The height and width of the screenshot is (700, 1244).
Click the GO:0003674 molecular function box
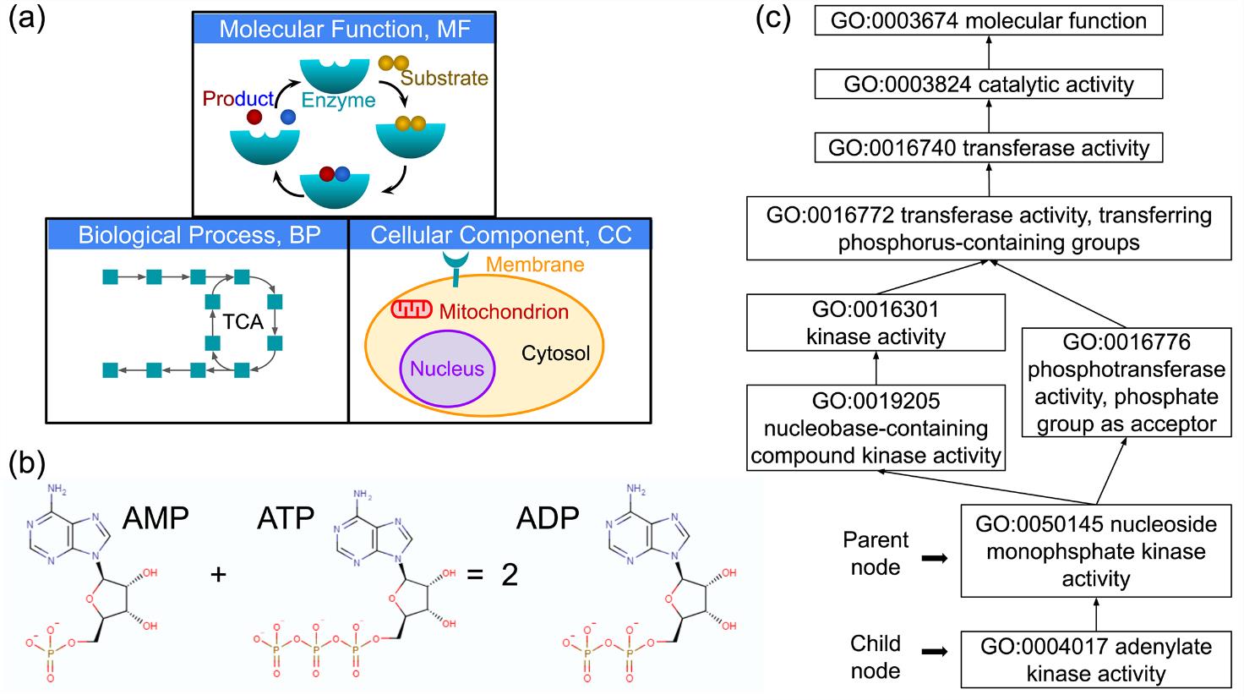(x=989, y=20)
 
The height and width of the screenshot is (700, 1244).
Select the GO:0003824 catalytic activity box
(x=989, y=84)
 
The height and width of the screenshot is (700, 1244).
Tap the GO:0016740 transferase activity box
(x=989, y=148)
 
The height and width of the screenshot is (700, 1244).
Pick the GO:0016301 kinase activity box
(x=876, y=322)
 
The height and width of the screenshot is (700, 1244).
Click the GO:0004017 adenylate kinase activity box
(x=1095, y=659)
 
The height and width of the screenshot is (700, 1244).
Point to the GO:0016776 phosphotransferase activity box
(x=1124, y=382)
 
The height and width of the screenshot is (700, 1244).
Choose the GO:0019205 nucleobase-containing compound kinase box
(x=876, y=428)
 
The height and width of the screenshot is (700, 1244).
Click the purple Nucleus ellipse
(x=447, y=369)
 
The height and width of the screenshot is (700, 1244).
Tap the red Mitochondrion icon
(x=412, y=310)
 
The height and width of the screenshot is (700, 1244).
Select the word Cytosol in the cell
(x=555, y=353)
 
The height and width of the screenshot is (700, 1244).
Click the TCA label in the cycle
(x=243, y=322)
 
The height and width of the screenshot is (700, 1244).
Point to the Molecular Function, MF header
(x=344, y=29)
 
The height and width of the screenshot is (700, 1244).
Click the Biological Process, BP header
(x=199, y=234)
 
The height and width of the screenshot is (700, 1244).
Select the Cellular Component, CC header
(x=500, y=234)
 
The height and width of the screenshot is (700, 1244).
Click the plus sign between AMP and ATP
(x=219, y=574)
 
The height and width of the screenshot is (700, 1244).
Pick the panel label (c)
(x=772, y=19)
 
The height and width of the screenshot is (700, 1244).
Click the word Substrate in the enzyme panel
(x=444, y=79)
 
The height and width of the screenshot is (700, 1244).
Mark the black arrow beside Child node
(x=933, y=653)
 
